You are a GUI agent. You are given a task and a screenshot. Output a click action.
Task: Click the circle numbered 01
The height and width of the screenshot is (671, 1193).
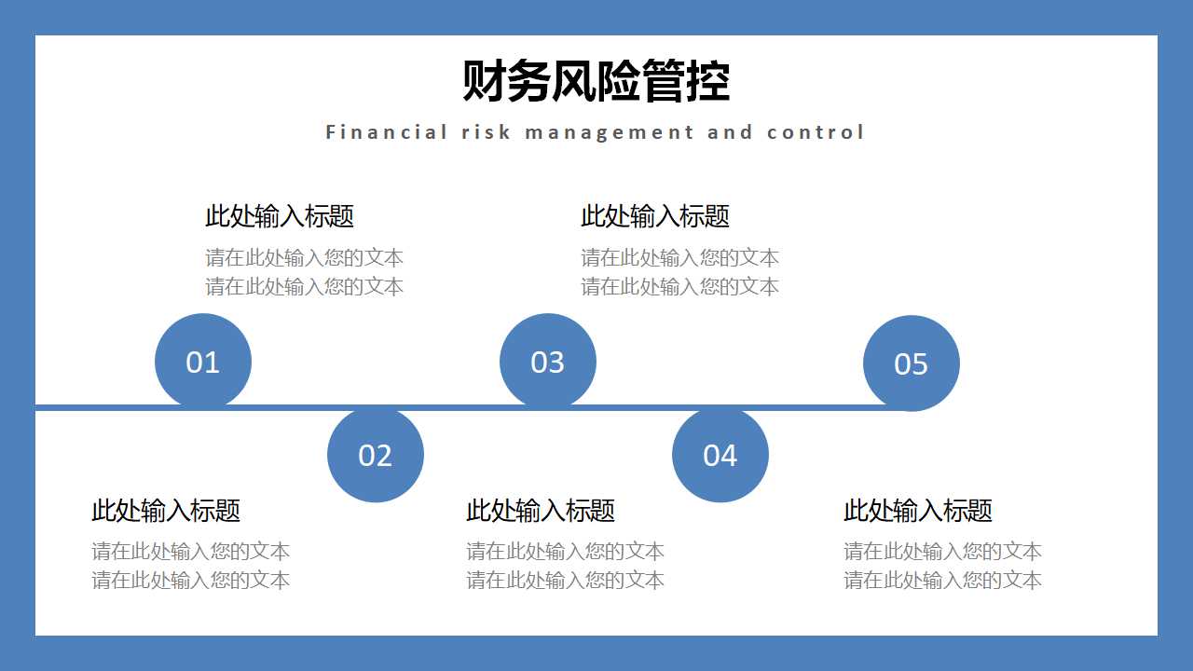(x=203, y=362)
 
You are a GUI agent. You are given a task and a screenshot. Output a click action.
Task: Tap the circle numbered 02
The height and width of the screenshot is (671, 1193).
(x=376, y=455)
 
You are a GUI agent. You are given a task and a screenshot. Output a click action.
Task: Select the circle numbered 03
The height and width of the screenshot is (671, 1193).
(x=548, y=362)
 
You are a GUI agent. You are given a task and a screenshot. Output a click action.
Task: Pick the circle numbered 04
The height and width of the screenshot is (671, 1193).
(x=720, y=455)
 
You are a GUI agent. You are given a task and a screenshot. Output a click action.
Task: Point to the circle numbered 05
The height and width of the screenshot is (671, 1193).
(x=912, y=363)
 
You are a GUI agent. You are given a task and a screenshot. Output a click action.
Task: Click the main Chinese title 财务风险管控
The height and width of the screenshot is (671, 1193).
(x=596, y=81)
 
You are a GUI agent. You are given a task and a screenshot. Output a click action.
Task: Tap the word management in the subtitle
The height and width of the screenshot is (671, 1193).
(x=610, y=132)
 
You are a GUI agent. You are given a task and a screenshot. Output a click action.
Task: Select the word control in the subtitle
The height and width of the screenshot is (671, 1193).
(x=816, y=132)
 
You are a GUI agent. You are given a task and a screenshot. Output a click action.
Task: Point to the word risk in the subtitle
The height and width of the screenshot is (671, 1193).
(x=487, y=132)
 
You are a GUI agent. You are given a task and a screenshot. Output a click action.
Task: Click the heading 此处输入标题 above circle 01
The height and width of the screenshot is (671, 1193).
(x=280, y=216)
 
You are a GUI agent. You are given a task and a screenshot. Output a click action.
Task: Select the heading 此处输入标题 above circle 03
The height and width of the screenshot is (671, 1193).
(x=655, y=216)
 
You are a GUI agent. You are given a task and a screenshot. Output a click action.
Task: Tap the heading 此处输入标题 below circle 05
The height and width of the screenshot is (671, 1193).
(x=918, y=511)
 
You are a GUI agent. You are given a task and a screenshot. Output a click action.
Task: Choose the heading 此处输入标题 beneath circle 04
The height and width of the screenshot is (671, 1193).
(x=541, y=511)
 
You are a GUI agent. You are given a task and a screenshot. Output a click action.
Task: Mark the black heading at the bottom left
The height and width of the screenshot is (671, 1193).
(x=166, y=511)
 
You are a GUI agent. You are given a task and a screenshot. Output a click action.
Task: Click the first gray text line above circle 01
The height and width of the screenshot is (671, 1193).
(x=305, y=257)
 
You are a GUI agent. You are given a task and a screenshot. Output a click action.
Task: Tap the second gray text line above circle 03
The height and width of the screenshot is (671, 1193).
(x=680, y=286)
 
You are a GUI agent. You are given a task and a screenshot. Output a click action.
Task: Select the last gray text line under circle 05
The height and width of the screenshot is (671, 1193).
(x=943, y=580)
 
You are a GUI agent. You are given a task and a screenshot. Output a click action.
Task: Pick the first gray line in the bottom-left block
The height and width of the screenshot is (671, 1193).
(x=191, y=551)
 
